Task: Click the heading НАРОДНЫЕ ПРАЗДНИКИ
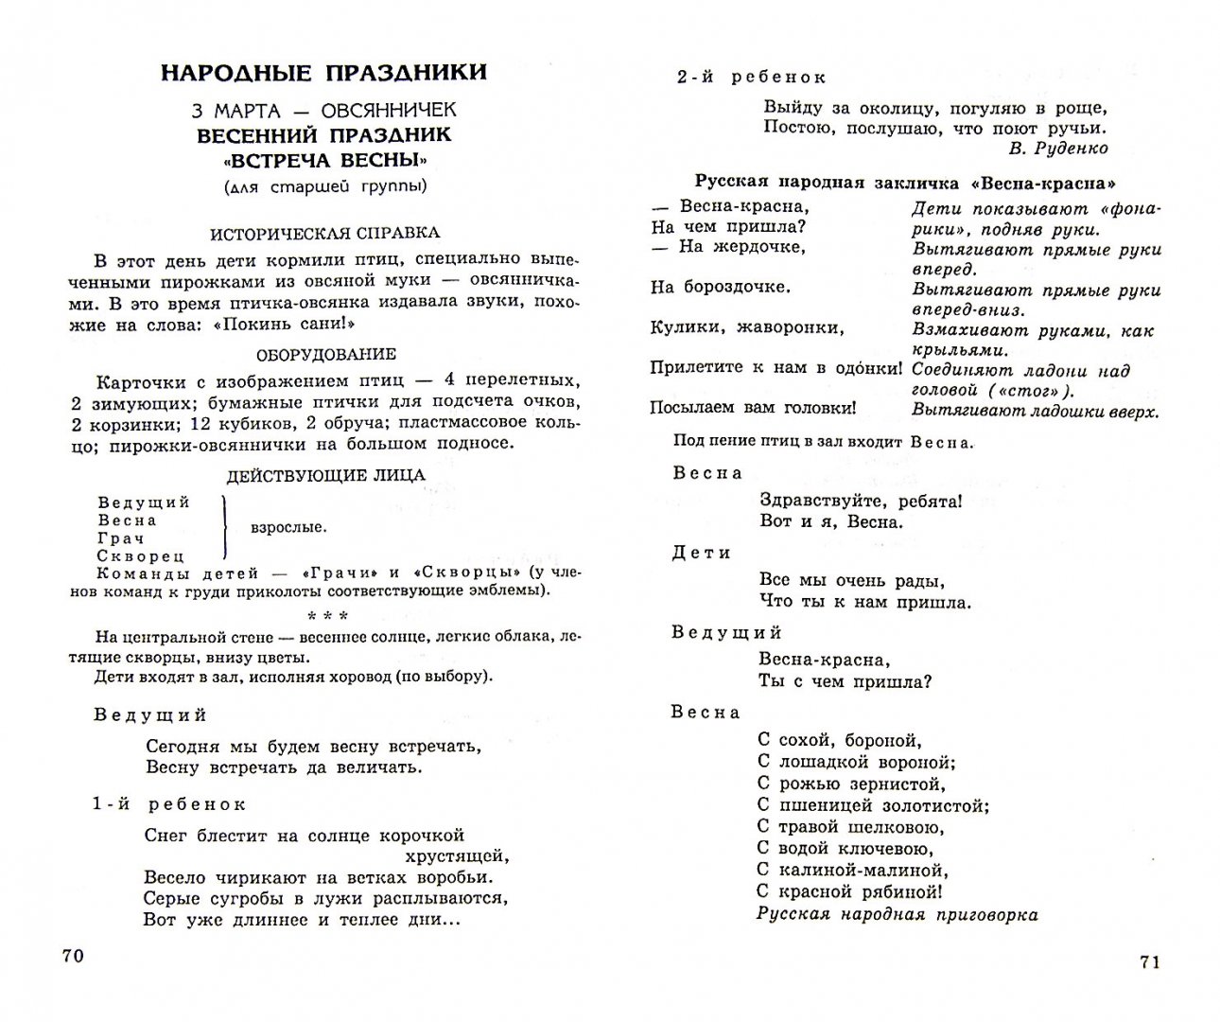[x=324, y=73]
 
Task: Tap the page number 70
[x=73, y=956]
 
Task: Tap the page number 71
[x=1148, y=961]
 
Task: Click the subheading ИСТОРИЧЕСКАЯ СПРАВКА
[x=324, y=233]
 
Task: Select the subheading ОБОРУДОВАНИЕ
[x=326, y=355]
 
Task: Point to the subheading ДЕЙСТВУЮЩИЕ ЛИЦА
[x=325, y=475]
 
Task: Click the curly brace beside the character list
[x=225, y=528]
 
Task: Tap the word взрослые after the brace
[x=289, y=528]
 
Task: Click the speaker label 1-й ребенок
[x=169, y=804]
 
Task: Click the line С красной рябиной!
[x=850, y=891]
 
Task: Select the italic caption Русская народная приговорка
[x=897, y=914]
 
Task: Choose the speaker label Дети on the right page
[x=702, y=553]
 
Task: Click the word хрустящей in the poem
[x=458, y=856]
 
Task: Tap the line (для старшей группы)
[x=324, y=186]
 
